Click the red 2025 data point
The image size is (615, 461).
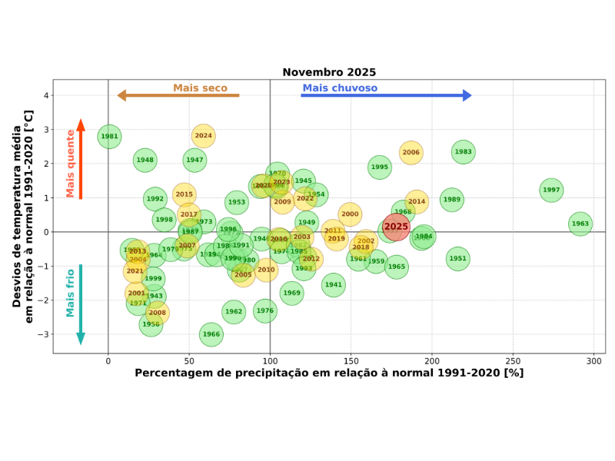point(396,227)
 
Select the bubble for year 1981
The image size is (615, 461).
point(110,137)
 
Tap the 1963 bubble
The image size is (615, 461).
point(580,224)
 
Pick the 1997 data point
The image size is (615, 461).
point(551,190)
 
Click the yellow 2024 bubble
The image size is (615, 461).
point(203,136)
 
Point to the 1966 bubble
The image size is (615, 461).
point(211,334)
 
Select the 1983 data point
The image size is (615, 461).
point(463,152)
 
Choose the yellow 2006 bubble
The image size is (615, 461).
point(411,152)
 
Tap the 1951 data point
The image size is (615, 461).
point(457,258)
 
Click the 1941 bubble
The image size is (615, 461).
point(333,284)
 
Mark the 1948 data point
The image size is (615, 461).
point(145,161)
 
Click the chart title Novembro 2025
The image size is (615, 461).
point(329,73)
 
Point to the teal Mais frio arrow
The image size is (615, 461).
point(81,304)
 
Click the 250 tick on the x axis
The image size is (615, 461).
point(513,360)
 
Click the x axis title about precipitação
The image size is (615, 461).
point(329,373)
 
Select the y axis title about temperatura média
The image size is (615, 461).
point(22,216)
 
